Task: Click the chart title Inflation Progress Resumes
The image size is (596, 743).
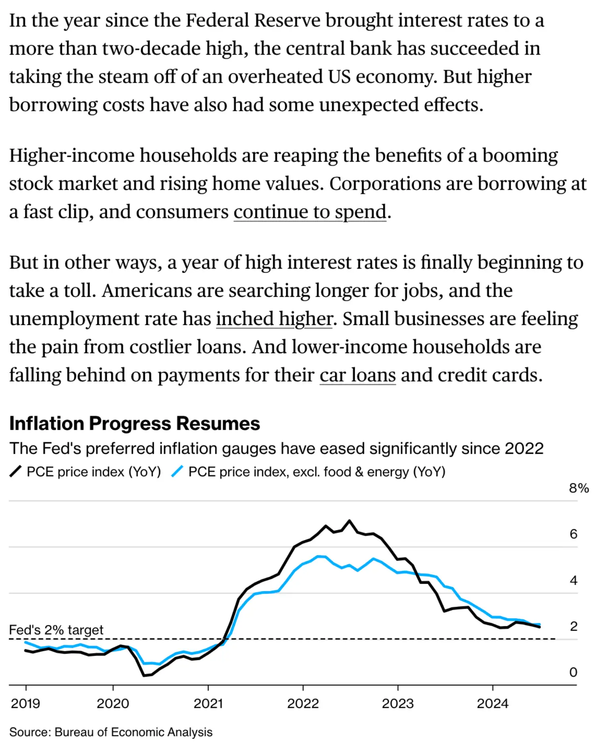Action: [135, 424]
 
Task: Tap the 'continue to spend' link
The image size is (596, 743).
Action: [310, 212]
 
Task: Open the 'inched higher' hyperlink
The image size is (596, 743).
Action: [275, 319]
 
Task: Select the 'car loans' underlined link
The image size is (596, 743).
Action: [358, 375]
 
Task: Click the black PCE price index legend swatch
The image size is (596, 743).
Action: [15, 472]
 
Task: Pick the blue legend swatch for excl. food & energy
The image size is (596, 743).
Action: [177, 472]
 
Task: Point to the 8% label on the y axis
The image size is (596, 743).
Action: [579, 488]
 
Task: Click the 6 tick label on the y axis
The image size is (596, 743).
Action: [573, 534]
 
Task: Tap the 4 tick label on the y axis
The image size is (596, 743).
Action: [573, 580]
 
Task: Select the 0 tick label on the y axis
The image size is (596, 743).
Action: [573, 672]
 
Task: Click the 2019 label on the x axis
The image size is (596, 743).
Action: [25, 704]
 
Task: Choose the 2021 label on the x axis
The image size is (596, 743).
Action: [208, 704]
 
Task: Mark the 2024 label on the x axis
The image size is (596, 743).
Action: [493, 704]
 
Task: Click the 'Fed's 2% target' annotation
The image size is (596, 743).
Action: [56, 630]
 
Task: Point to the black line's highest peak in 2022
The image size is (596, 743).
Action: [350, 520]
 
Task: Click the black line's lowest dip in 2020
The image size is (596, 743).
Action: [144, 675]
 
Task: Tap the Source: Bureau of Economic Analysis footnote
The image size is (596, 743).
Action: [111, 732]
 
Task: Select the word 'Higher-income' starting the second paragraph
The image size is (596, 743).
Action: [72, 155]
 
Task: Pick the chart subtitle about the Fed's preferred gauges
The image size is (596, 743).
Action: [277, 449]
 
